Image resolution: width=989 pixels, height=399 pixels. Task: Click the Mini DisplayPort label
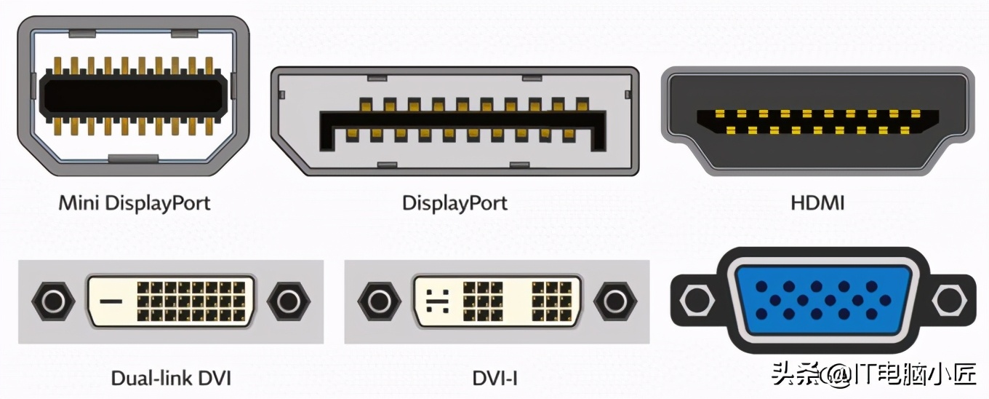tap(135, 204)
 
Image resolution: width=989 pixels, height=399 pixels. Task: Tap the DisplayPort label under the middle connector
tap(455, 204)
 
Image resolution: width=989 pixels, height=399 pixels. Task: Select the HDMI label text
tap(817, 203)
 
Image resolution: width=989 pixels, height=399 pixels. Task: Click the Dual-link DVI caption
tap(171, 378)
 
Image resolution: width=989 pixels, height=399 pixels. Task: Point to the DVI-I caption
tap(494, 378)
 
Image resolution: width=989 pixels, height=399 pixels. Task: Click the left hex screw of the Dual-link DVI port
tap(53, 301)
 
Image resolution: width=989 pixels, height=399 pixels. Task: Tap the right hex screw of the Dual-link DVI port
tap(289, 301)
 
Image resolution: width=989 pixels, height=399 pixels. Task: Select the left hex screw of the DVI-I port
tap(380, 301)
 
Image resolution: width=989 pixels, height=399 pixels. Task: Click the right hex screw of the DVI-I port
tap(615, 301)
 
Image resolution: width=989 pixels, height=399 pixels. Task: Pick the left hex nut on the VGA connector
tap(697, 300)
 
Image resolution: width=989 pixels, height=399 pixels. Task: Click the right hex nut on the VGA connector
tap(949, 300)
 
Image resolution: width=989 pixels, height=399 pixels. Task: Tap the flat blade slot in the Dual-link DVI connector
tap(111, 301)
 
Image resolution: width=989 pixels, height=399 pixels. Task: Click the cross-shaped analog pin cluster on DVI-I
tap(438, 301)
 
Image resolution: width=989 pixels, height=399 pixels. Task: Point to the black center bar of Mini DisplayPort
tap(133, 95)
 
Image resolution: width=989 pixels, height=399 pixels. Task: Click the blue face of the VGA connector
tap(823, 301)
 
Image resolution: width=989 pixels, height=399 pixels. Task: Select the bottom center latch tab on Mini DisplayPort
tap(133, 159)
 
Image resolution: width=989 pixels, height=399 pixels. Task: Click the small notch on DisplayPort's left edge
tap(282, 95)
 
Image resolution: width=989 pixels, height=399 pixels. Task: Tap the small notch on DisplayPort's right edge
tap(628, 95)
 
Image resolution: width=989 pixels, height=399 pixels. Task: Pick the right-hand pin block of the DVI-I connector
tap(552, 301)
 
